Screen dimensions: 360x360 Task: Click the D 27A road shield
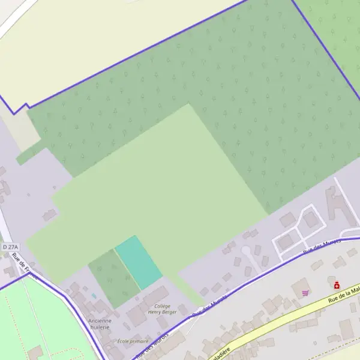[10, 247]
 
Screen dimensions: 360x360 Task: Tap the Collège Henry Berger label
[162, 309]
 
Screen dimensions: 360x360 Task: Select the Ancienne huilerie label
[99, 324]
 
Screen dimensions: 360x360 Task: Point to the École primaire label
[132, 341]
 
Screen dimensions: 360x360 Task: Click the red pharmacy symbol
[337, 285]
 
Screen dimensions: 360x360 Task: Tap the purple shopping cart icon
[305, 293]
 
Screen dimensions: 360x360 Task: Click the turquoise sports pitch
[139, 262]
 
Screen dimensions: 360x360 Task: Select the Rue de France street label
[24, 266]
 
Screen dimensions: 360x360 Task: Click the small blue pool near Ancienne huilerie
[94, 296]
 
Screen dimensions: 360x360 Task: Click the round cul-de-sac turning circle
[245, 250]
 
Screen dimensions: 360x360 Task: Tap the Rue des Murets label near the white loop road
[322, 245]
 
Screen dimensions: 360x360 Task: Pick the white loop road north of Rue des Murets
[299, 226]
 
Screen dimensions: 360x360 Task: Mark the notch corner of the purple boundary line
[14, 113]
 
